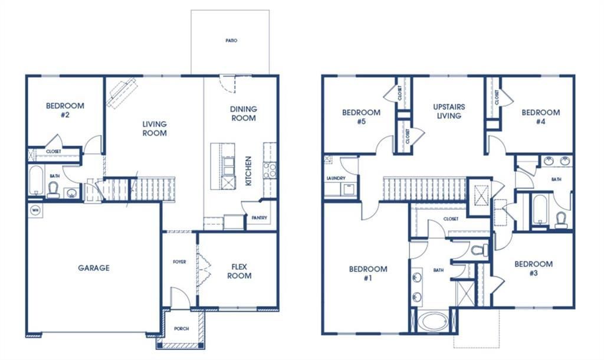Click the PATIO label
[231, 41]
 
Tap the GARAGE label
[94, 268]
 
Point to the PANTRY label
[259, 218]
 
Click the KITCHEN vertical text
[248, 171]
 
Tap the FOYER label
[179, 261]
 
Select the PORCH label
[182, 329]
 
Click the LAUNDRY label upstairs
[335, 178]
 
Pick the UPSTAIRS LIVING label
[449, 112]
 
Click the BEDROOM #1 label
[368, 273]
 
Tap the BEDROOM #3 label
[533, 268]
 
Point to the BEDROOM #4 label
[540, 117]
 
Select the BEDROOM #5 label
[361, 117]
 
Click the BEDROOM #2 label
[65, 110]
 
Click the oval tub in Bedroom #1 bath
[433, 322]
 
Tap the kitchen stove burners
[270, 171]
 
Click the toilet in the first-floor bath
[53, 188]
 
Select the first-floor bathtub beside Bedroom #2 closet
[36, 181]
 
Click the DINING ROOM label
[243, 113]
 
